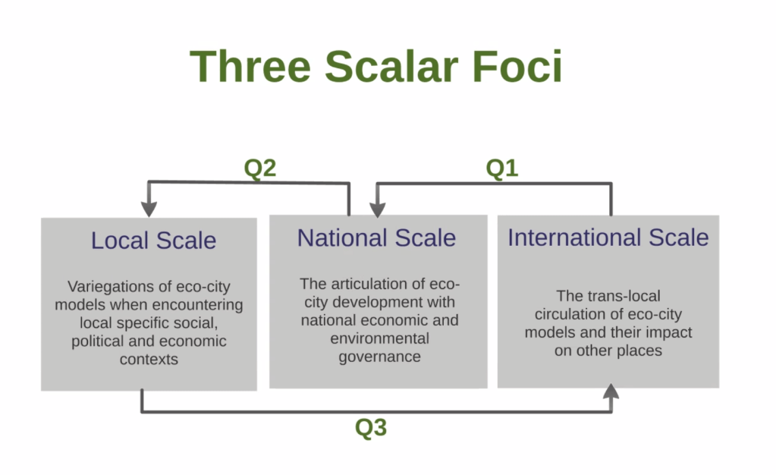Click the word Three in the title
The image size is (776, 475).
pos(250,66)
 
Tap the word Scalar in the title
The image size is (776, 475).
pos(391,66)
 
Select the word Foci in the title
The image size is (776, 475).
pos(517,66)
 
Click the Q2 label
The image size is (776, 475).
pos(260,168)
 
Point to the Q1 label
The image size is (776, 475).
pos(502,168)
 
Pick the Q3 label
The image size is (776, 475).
pos(371,427)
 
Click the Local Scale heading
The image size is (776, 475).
pos(153,241)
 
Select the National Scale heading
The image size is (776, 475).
pos(376,237)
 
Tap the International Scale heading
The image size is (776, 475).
pos(608,237)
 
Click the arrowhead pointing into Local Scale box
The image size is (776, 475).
pos(149,209)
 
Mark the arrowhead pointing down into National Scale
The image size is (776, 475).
pos(378,209)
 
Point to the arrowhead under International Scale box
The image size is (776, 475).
pos(611,392)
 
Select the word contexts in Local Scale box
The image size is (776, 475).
pos(149,359)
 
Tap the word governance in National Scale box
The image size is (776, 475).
pos(379,357)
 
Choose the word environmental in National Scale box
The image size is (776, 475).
pos(379,338)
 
